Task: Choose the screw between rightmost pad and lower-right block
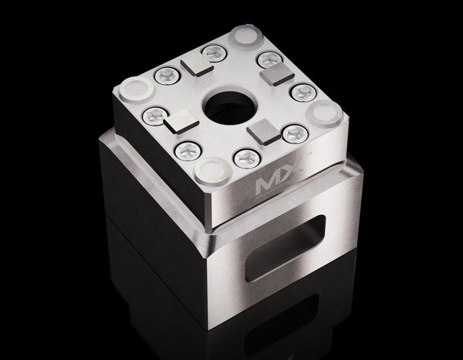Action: tap(293, 134)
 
